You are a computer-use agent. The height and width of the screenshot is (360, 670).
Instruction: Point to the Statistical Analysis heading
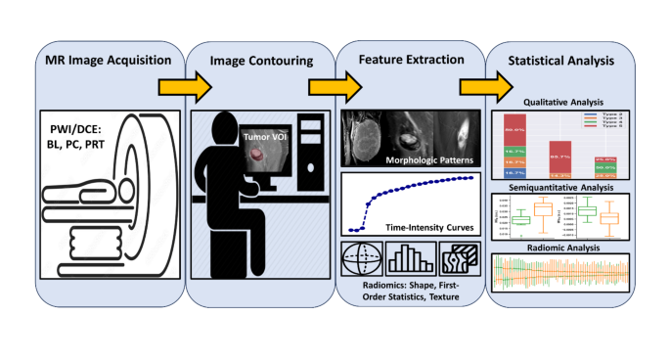560,62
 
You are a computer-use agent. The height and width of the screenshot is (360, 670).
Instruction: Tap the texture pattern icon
459,256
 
